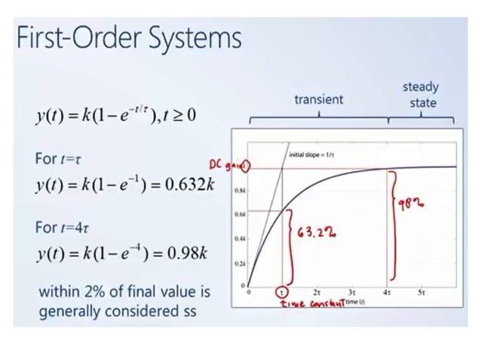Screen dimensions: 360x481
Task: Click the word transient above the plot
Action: tap(319, 99)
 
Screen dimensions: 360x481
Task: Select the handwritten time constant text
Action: tap(312, 302)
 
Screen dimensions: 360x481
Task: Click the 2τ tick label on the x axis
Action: tap(317, 291)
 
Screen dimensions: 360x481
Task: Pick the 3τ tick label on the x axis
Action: tap(352, 291)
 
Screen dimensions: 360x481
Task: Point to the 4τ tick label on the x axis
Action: tap(387, 291)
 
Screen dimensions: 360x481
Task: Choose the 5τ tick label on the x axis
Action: tap(421, 291)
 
